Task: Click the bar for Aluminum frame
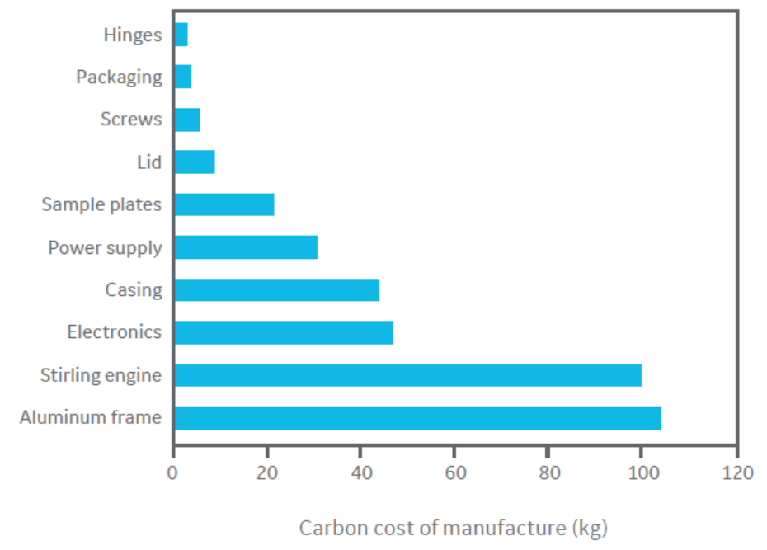point(417,418)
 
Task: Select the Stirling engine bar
point(407,375)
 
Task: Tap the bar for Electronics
point(283,332)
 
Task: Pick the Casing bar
point(276,290)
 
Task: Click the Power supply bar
point(246,247)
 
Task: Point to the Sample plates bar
point(224,204)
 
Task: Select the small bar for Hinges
point(181,35)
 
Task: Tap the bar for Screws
point(186,120)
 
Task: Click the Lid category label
point(149,162)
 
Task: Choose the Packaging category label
point(119,77)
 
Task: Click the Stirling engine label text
point(101,376)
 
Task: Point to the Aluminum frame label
point(90,417)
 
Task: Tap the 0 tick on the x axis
point(172,473)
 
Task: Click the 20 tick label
point(266,473)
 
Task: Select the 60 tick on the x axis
point(454,473)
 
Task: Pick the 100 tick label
point(640,473)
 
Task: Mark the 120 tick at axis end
point(735,473)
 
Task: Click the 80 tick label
point(548,473)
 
